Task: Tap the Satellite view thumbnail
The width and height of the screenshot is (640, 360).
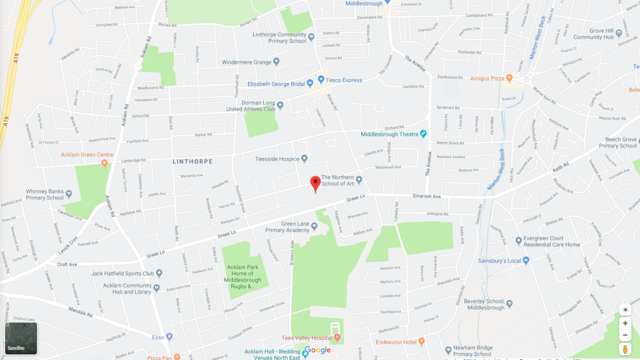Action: point(21,337)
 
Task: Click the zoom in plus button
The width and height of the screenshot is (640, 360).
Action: point(625,323)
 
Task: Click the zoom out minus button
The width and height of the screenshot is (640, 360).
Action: point(625,335)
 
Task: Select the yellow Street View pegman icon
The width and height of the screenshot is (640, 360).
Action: point(625,349)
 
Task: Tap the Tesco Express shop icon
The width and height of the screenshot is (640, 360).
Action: point(321,79)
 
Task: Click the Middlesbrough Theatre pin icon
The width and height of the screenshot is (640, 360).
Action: point(423,134)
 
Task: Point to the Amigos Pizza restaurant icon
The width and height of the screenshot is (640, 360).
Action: point(509,78)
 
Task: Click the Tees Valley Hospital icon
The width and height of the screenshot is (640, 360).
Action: point(337,338)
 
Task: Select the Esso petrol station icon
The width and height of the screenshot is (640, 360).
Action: point(169,337)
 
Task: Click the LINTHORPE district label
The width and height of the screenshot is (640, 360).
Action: point(192,161)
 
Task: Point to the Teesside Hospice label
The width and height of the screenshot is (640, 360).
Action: point(277,159)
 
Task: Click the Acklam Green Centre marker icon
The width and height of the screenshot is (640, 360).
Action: point(104,163)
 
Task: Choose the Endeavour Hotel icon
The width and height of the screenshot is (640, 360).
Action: point(422,341)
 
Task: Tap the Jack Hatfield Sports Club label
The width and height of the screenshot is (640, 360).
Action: point(122,273)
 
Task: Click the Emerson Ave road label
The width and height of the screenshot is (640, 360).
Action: point(427,196)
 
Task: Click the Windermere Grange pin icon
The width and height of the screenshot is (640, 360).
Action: point(276,62)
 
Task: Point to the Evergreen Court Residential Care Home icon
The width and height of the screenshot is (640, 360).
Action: point(519,241)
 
